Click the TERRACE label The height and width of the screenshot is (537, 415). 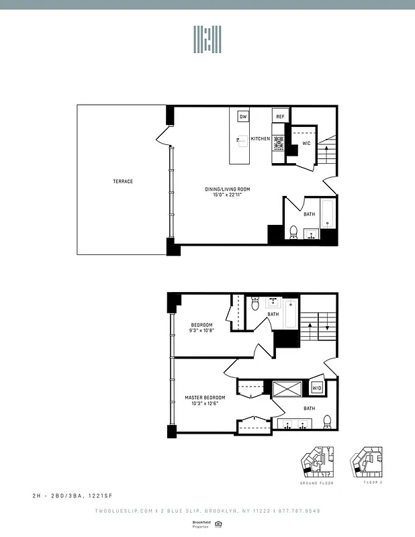[122, 182]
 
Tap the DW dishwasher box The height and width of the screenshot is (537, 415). [243, 117]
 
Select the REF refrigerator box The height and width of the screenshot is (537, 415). [280, 117]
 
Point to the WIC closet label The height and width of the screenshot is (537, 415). [306, 143]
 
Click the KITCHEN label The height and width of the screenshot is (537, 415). [261, 139]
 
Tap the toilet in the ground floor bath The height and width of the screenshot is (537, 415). [293, 232]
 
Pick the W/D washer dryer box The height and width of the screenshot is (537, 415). [317, 388]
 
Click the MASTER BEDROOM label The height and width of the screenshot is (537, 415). [205, 397]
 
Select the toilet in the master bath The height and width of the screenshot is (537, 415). [327, 422]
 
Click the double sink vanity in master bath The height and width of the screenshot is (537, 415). [294, 424]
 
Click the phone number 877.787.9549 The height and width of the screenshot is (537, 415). [300, 511]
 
